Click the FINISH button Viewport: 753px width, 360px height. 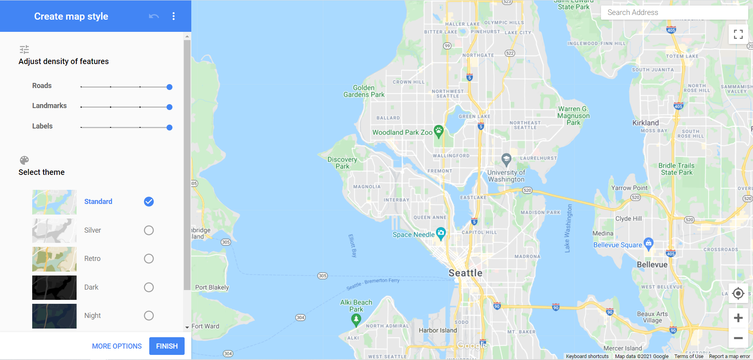point(167,346)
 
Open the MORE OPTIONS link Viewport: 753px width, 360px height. point(117,346)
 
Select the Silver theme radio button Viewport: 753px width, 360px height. point(149,230)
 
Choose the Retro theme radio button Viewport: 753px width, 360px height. point(149,259)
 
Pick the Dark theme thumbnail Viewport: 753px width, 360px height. point(54,287)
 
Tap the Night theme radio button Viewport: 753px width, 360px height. point(149,316)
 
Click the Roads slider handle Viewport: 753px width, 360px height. point(169,87)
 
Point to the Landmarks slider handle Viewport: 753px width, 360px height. point(169,107)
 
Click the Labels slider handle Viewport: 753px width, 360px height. point(169,127)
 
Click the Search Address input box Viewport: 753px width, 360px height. point(674,13)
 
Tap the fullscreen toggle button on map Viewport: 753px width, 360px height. point(738,34)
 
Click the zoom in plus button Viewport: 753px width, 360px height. point(738,318)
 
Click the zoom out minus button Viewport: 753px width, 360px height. point(738,338)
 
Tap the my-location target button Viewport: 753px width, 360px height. point(738,293)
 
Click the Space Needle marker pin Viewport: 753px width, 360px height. point(441,233)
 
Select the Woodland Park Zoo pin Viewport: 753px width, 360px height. point(438,131)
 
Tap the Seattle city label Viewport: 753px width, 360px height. point(465,273)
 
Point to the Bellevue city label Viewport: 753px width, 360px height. point(652,264)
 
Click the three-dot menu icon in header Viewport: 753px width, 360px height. point(174,16)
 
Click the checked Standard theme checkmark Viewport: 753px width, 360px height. point(149,202)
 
